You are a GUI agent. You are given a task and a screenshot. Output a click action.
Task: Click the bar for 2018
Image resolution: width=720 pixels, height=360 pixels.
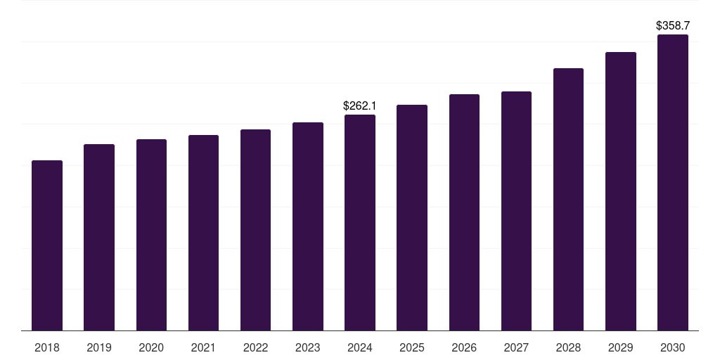(47, 245)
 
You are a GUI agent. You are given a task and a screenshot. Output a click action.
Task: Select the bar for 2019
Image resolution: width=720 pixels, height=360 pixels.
(99, 237)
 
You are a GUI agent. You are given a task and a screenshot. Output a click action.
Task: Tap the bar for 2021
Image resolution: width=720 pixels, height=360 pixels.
(203, 233)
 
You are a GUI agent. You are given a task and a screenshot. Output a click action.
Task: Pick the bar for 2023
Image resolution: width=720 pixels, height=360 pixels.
(308, 226)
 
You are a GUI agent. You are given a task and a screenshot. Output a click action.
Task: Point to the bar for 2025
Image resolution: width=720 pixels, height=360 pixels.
(412, 217)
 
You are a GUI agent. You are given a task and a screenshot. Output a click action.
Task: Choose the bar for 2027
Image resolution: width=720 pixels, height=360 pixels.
(516, 211)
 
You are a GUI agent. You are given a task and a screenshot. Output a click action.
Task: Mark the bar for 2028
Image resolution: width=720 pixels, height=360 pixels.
(568, 199)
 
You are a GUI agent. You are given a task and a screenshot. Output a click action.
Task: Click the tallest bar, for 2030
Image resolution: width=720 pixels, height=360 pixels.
(673, 182)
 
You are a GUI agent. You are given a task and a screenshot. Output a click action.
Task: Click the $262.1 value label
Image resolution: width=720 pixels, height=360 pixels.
(360, 106)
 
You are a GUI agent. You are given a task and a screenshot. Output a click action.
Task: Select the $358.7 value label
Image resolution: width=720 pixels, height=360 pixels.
(673, 26)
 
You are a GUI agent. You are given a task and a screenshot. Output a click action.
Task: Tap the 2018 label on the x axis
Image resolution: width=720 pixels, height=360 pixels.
(47, 347)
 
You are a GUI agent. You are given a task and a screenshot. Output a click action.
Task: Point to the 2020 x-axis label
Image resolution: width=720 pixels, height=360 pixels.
(151, 347)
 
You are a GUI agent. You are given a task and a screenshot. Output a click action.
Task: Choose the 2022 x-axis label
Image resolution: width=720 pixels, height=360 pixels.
(255, 347)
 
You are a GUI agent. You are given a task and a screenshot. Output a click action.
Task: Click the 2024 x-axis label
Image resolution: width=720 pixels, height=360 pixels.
(360, 347)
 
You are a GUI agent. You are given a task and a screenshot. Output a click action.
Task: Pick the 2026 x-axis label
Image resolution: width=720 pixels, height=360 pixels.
(464, 347)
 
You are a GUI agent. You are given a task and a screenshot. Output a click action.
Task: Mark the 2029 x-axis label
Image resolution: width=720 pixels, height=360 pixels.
(621, 347)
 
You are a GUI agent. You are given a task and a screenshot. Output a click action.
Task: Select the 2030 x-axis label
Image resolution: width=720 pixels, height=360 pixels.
(673, 347)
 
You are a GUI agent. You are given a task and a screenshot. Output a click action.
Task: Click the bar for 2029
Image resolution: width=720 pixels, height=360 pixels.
(621, 191)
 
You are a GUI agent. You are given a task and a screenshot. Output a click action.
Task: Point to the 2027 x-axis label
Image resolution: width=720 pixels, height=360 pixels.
(516, 347)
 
